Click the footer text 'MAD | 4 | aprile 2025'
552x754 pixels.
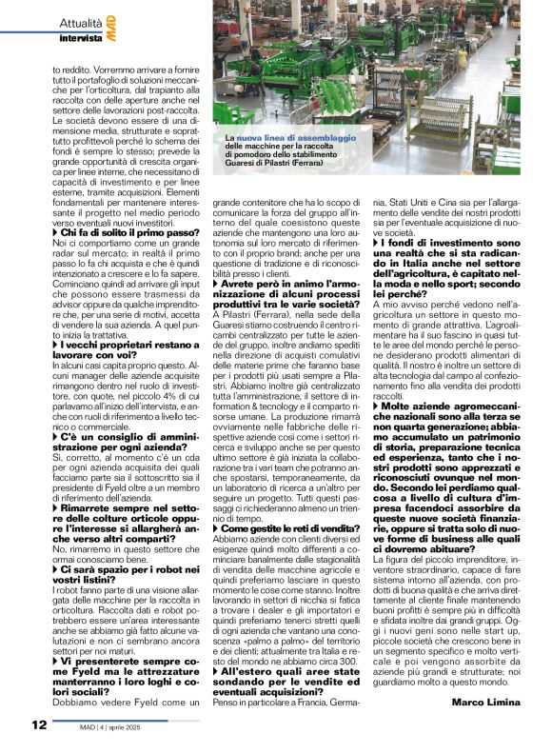(105, 726)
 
